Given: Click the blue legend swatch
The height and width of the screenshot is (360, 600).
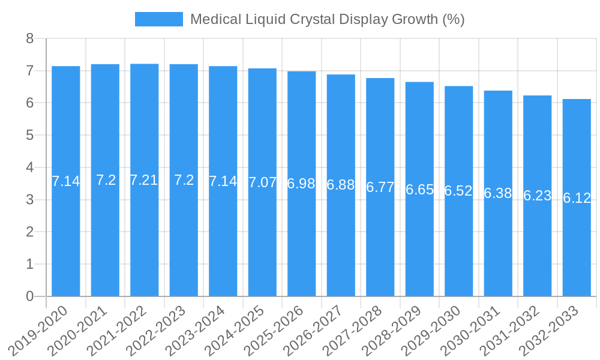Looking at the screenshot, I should click(158, 19).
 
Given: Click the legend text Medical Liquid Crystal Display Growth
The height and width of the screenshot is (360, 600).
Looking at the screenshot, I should click(327, 19).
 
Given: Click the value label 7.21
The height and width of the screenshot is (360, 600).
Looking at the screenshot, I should click(144, 180).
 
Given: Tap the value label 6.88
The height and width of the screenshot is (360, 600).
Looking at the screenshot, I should click(341, 185).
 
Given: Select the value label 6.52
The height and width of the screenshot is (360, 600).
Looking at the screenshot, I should click(458, 191).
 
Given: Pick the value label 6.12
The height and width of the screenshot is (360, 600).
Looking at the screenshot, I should click(577, 198).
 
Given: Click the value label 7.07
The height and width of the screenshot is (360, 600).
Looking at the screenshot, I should click(263, 182).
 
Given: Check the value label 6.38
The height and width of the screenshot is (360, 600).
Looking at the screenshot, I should click(498, 193).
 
